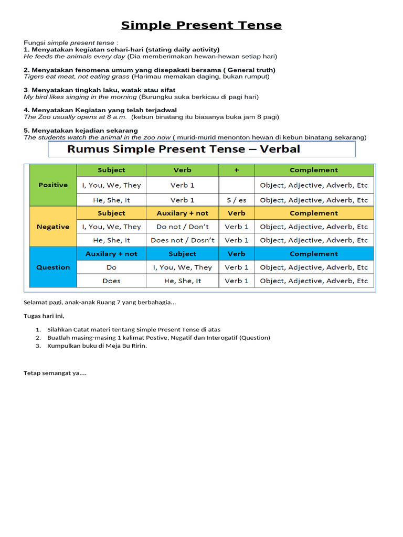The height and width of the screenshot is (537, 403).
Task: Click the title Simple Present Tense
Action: click(x=201, y=25)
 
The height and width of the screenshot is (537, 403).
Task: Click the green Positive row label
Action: click(x=53, y=185)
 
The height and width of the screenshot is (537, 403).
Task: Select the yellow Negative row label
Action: click(x=53, y=227)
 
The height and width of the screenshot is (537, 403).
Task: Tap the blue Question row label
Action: click(x=53, y=267)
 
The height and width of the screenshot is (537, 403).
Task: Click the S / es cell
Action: click(x=236, y=200)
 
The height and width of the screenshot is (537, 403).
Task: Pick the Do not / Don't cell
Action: click(x=183, y=227)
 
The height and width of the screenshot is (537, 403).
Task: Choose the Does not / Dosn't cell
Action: click(x=183, y=240)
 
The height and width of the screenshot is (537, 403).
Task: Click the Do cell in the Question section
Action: click(x=111, y=267)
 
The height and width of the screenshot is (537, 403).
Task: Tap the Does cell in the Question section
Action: click(x=111, y=281)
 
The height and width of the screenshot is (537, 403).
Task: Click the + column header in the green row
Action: click(x=236, y=170)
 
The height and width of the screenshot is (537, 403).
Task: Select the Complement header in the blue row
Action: click(x=314, y=254)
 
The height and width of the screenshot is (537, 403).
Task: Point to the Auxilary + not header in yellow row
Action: click(x=183, y=213)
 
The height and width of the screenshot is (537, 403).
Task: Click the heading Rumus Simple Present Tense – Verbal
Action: click(x=184, y=149)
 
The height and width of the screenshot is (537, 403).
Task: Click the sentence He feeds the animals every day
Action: click(x=75, y=56)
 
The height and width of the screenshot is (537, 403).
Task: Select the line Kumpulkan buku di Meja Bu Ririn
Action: click(x=97, y=346)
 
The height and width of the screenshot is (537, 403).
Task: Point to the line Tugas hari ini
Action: click(x=44, y=316)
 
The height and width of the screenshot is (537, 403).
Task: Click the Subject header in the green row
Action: click(x=111, y=170)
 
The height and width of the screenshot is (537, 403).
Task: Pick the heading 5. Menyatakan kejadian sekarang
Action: click(x=81, y=131)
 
